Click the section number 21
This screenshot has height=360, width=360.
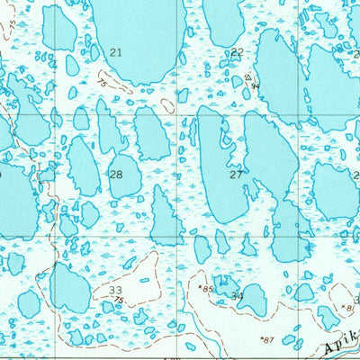coord(115,53)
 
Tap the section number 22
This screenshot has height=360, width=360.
coord(237,52)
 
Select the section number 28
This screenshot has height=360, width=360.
coord(115,174)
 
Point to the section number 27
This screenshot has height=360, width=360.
coord(236,175)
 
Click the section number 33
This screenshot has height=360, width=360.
coord(115,290)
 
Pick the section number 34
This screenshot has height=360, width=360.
coord(237,295)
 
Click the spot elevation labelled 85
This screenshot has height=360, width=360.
coord(208,289)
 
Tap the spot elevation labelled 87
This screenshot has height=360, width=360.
coord(266,339)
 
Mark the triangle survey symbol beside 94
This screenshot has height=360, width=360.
coord(248,78)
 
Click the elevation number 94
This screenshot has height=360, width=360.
coord(256,86)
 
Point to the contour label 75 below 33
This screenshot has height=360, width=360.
coord(120,301)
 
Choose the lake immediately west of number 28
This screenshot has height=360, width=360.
coord(84,166)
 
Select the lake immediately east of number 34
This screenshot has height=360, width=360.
coord(253,300)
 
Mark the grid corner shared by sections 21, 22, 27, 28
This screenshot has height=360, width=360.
coord(181,114)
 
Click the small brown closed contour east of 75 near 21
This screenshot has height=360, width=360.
coord(166,105)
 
